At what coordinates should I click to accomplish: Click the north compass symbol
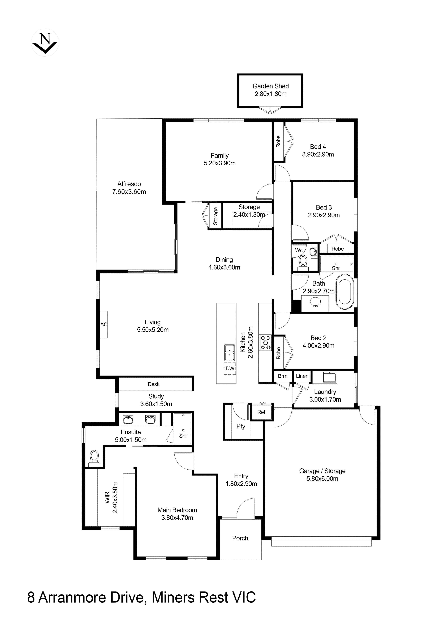45,42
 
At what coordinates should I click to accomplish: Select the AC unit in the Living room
104,324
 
